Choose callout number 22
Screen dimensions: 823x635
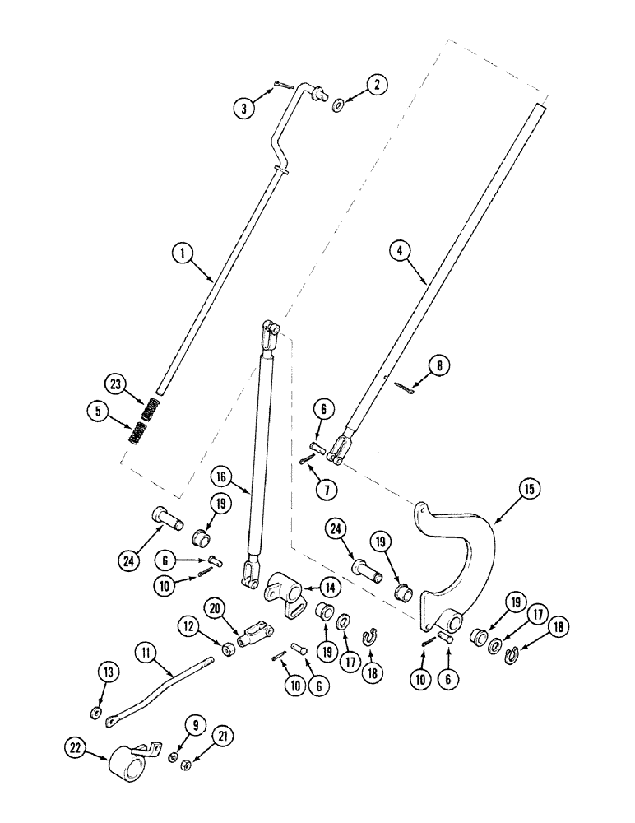(x=72, y=747)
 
